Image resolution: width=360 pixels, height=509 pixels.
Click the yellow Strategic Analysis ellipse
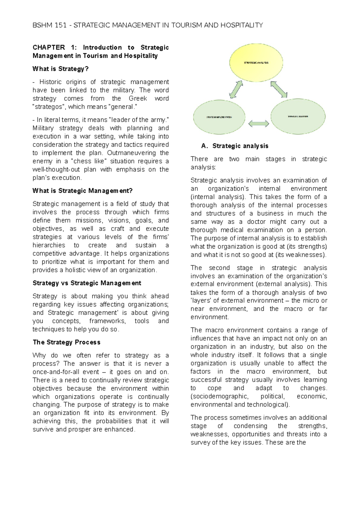tap(256, 62)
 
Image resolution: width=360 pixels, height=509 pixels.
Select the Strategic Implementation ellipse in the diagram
tap(219, 117)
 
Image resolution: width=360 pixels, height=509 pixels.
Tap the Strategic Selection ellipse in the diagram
tap(298, 116)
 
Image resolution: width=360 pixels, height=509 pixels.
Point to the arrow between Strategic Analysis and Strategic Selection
tap(279, 89)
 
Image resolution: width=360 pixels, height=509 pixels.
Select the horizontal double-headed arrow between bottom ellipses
tap(259, 123)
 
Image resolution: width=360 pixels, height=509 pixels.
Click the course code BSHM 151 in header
tap(49, 25)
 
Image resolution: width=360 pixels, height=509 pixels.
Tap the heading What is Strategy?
tap(61, 69)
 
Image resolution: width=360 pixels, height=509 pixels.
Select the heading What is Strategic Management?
tap(82, 191)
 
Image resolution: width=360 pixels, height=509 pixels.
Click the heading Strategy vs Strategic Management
tap(87, 283)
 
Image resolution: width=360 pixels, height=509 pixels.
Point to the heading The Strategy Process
tap(66, 342)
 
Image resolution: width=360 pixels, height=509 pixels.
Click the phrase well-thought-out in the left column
tap(56, 169)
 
